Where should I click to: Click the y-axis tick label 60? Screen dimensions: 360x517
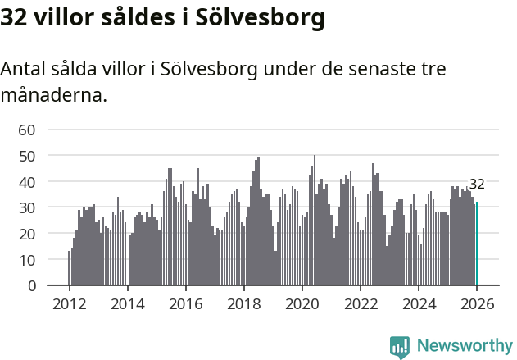click(27, 130)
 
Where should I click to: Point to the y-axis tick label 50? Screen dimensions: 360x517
click(27, 156)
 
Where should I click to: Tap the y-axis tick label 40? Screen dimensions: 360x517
click(27, 181)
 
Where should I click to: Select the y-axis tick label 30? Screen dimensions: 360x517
click(27, 207)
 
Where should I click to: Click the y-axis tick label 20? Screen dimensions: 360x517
click(27, 234)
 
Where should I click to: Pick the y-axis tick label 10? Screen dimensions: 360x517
click(27, 260)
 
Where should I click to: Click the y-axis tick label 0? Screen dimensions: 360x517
click(31, 286)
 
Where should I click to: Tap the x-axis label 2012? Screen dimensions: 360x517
click(69, 303)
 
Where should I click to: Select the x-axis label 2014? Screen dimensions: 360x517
click(127, 303)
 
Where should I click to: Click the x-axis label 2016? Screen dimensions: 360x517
click(185, 303)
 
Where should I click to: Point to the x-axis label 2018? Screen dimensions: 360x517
click(243, 303)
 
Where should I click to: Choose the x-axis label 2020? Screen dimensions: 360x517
click(302, 303)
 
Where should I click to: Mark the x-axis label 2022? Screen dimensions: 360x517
click(361, 303)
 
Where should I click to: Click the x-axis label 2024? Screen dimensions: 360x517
click(419, 303)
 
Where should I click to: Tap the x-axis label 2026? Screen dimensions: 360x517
click(477, 303)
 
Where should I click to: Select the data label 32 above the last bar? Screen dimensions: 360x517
click(477, 185)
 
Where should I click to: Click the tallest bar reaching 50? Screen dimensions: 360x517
click(315, 221)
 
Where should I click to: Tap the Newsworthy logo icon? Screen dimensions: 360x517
click(400, 347)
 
